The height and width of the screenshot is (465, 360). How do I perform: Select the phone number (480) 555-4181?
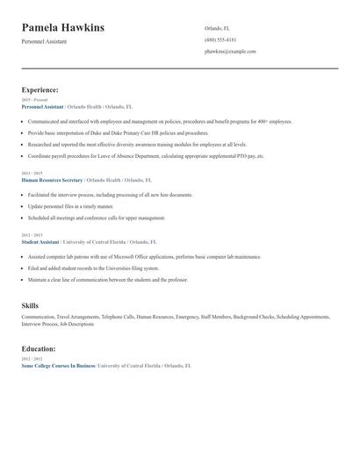(x=220, y=39)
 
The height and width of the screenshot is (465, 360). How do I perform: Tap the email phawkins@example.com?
(x=230, y=52)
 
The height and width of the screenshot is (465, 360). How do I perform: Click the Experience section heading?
(x=40, y=89)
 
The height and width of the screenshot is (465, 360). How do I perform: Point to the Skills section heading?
(x=30, y=305)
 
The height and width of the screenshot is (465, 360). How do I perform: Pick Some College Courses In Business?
(x=58, y=365)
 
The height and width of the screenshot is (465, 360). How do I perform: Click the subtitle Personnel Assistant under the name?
(x=44, y=41)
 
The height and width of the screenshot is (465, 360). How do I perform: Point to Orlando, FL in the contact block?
(x=218, y=27)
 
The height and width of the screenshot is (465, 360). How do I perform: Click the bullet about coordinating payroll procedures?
(x=145, y=155)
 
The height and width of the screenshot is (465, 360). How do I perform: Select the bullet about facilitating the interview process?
(x=110, y=193)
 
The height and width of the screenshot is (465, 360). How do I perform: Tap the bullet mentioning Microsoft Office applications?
(x=145, y=257)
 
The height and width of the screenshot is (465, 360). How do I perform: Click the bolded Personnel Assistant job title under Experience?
(x=43, y=106)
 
